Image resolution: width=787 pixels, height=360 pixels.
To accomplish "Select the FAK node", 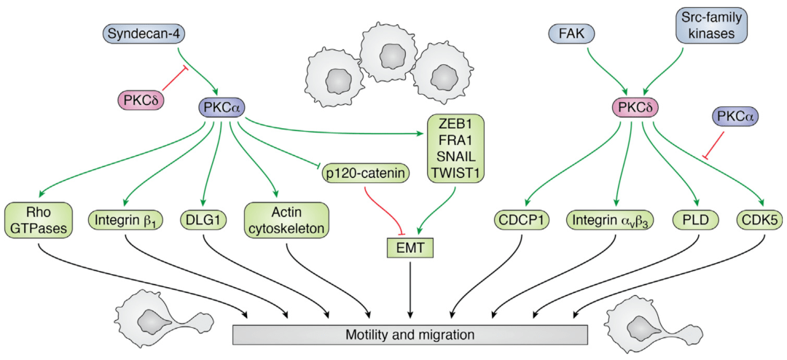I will click(x=571, y=33).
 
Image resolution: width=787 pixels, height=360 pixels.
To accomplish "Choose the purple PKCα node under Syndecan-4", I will click(x=222, y=108).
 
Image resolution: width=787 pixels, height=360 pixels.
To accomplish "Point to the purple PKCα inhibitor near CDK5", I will click(x=735, y=117).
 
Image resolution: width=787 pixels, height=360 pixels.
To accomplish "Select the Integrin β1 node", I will click(x=125, y=218).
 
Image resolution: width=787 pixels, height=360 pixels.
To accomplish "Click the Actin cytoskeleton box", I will click(x=287, y=219).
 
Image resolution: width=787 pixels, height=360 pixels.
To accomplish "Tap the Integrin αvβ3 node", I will click(x=611, y=218).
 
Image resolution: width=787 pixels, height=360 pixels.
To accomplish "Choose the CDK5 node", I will click(x=754, y=218).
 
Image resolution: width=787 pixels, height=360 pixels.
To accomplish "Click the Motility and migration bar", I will click(x=410, y=334).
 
